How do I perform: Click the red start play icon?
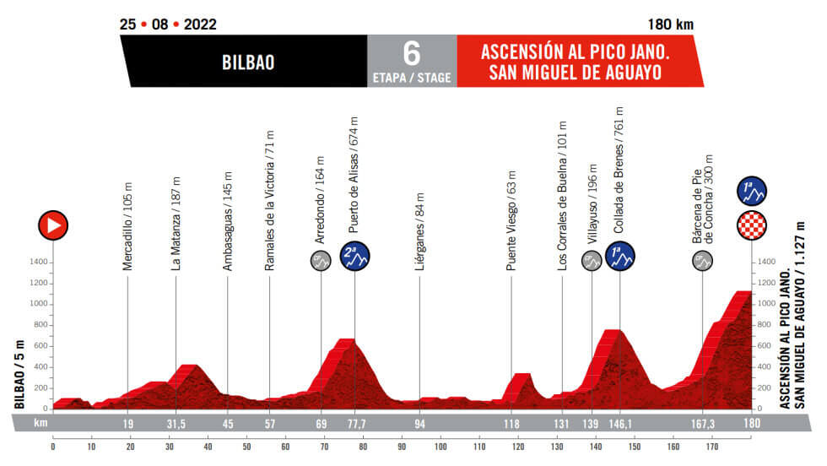click(52, 225)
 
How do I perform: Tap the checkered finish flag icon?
click(752, 225)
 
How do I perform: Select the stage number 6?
click(411, 53)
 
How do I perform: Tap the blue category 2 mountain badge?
click(354, 257)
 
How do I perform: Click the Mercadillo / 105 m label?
click(127, 225)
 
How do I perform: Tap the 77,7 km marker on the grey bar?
click(354, 423)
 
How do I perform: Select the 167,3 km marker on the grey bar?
click(703, 423)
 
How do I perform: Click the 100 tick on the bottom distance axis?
click(441, 447)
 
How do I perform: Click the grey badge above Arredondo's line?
click(321, 262)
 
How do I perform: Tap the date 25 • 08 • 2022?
click(168, 24)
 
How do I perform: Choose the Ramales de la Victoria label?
click(270, 200)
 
